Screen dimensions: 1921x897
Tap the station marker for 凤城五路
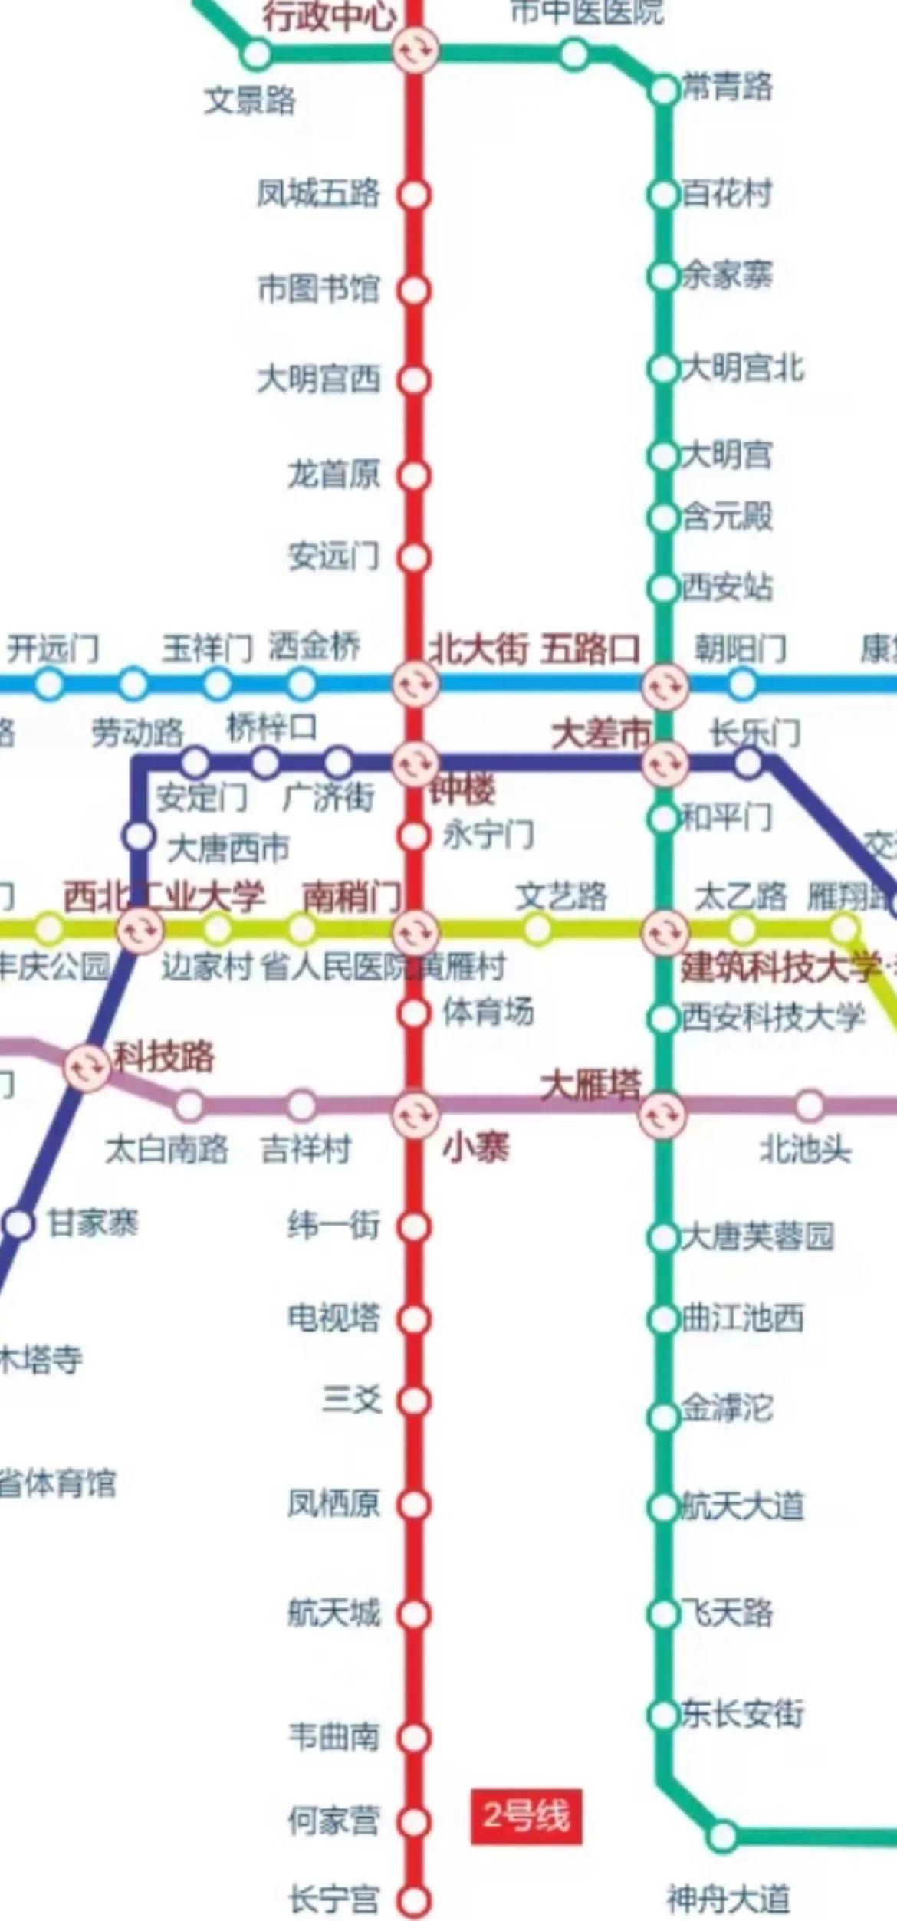pyautogui.click(x=414, y=195)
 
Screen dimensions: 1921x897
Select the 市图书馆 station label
pyautogui.click(x=319, y=289)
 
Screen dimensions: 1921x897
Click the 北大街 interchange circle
pyautogui.click(x=415, y=683)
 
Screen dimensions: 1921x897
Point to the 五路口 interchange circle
pyautogui.click(x=665, y=686)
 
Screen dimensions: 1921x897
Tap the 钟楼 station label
pyautogui.click(x=462, y=790)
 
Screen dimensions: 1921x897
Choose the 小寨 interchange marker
pyautogui.click(x=415, y=1114)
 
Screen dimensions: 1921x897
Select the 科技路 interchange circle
pyautogui.click(x=87, y=1067)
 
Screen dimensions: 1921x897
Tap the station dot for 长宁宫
pyautogui.click(x=414, y=1900)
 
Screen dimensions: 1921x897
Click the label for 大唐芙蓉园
pyautogui.click(x=757, y=1237)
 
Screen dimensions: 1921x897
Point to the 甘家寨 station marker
pyautogui.click(x=20, y=1223)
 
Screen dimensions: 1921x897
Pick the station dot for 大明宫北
pyautogui.click(x=662, y=369)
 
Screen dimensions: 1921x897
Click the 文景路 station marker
pyautogui.click(x=256, y=54)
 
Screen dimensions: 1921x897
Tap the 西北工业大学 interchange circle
pyautogui.click(x=141, y=930)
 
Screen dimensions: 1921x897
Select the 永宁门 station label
pyautogui.click(x=488, y=835)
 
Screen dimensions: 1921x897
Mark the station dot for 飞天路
pyautogui.click(x=662, y=1613)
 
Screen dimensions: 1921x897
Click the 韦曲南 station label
pyautogui.click(x=333, y=1736)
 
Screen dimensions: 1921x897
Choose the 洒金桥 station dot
pyautogui.click(x=301, y=684)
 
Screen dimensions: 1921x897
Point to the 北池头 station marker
pyautogui.click(x=809, y=1106)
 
